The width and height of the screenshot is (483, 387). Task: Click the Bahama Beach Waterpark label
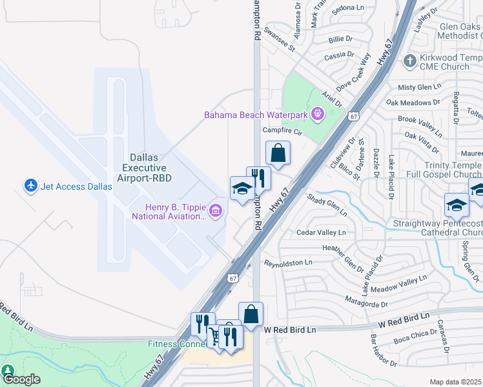point(256,115)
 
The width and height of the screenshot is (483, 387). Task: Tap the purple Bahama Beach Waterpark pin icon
point(317,115)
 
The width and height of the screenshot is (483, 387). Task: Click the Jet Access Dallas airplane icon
point(30,186)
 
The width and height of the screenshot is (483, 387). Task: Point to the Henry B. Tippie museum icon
point(216,210)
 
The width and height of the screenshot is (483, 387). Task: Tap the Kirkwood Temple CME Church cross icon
point(409,61)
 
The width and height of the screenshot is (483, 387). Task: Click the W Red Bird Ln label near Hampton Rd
point(290,330)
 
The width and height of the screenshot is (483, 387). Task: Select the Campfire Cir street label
point(283,131)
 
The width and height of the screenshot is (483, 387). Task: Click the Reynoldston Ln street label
point(288,263)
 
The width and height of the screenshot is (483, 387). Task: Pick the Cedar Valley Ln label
point(321,232)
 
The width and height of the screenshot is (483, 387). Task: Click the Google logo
point(21,379)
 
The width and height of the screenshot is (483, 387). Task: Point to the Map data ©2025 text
point(455,382)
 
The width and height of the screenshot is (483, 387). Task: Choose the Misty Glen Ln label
point(419,86)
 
